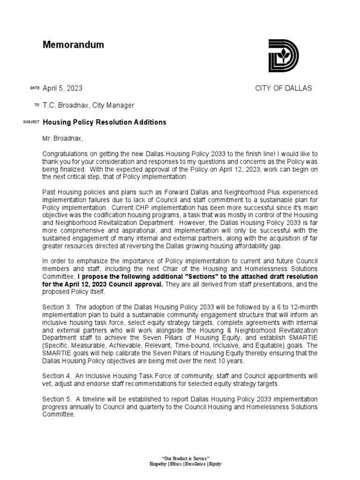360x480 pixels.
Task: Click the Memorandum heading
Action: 73,45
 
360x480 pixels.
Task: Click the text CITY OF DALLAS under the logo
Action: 283,88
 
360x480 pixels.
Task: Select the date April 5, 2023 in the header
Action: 63,88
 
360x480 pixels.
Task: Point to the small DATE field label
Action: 35,88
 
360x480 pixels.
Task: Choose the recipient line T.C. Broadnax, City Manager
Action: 89,105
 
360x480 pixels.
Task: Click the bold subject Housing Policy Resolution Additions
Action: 105,122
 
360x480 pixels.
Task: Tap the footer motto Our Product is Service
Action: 185,457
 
